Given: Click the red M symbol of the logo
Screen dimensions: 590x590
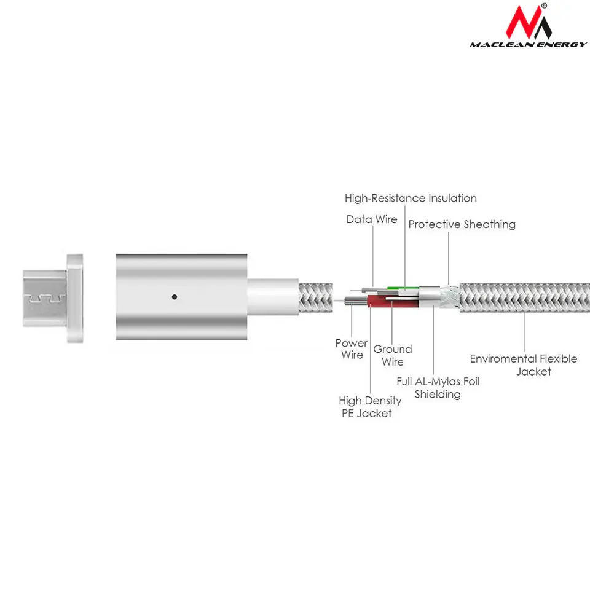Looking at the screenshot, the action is [523, 23].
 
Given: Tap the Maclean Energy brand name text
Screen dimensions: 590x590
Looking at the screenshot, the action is [529, 45].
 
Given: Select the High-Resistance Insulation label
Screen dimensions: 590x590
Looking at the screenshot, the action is [411, 199].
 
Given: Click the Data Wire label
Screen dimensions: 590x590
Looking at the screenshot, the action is [372, 219].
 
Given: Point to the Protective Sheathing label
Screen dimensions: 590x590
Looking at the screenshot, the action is [462, 224].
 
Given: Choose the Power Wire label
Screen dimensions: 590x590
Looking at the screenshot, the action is [352, 349].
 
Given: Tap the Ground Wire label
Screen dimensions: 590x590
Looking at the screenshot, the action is [393, 355].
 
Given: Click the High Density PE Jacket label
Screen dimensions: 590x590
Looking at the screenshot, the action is [370, 407].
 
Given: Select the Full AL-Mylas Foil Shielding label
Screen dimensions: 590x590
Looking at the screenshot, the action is [438, 388].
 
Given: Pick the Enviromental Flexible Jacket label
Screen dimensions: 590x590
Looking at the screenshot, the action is [524, 365].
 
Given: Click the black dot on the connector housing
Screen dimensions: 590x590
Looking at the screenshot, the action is [174, 297].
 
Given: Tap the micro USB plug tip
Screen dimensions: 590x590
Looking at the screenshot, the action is [45, 298].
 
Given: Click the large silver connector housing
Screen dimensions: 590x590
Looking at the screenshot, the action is [181, 297].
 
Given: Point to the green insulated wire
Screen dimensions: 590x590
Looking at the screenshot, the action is [403, 289].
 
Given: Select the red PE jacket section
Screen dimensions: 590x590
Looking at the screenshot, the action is [393, 301].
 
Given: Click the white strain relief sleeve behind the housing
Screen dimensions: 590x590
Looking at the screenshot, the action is [273, 297].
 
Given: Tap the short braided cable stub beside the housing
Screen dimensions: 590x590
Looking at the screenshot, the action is [316, 297].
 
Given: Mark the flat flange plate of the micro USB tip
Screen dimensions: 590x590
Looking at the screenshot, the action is [75, 299].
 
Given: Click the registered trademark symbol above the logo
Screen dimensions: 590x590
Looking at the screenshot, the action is [544, 6].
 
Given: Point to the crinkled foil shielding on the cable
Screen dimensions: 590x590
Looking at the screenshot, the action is [450, 297].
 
